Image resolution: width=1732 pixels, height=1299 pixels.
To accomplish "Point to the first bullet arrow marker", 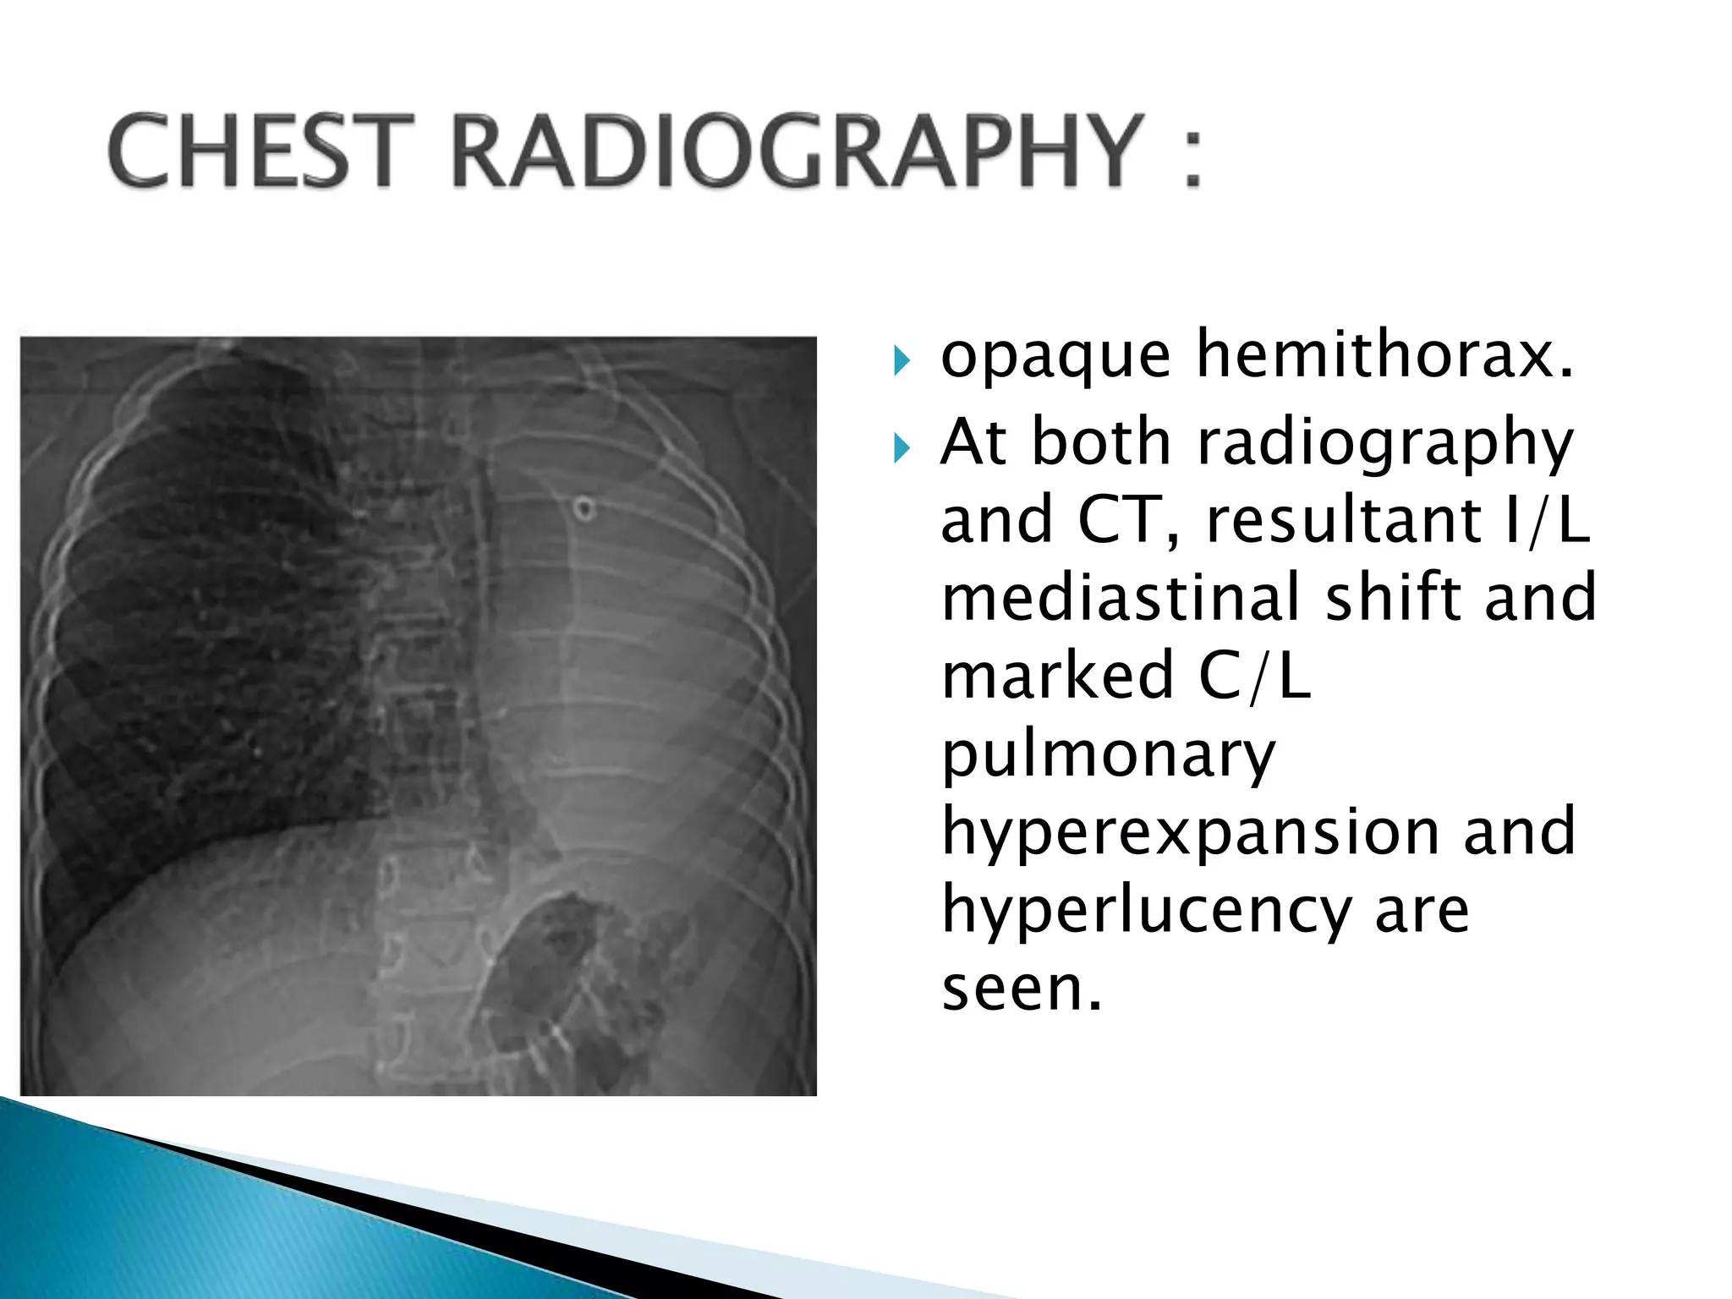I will pos(902,361).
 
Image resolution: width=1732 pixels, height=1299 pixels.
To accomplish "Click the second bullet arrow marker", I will pos(902,448).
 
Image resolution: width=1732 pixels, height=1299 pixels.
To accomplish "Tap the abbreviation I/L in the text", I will pos(1547,519).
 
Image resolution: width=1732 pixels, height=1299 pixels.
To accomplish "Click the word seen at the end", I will pos(1022,988).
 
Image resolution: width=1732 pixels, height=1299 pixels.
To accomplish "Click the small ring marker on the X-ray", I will pos(584,509).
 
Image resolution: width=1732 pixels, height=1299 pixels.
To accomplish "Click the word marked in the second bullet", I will pos(1058,676).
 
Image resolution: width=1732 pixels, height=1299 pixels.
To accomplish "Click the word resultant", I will pos(1344,519).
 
